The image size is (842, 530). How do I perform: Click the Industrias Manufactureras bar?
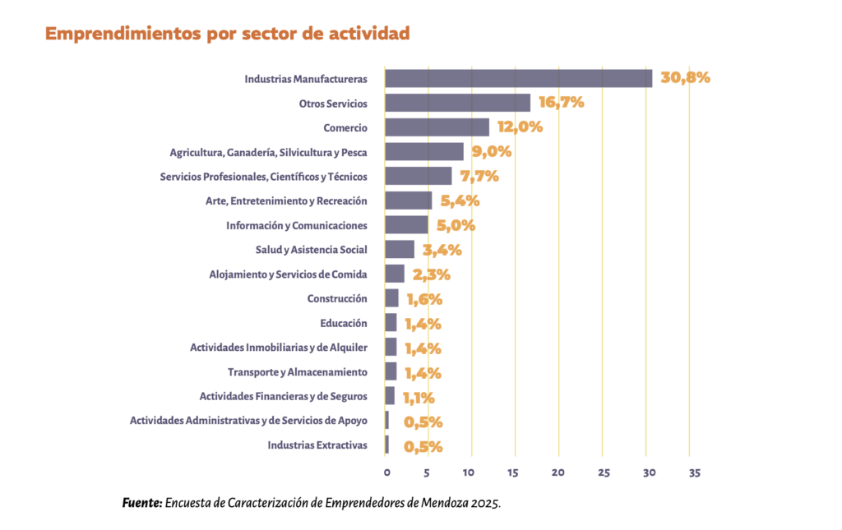point(518,78)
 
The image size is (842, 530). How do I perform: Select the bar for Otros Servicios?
point(457,103)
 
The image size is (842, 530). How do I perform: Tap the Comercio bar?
point(437,127)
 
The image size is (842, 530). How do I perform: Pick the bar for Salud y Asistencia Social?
point(400,250)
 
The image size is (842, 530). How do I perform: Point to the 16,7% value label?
point(561,103)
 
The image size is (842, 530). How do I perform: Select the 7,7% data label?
point(479,176)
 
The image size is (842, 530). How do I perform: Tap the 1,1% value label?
point(419,398)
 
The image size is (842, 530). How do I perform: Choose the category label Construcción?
point(336,299)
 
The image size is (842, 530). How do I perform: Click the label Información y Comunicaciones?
point(296,225)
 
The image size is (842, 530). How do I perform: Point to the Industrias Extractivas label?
point(317,446)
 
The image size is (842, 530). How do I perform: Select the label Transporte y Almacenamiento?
point(297,372)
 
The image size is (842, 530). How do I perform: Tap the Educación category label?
point(343,324)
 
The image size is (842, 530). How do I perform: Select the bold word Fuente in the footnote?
point(141,503)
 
